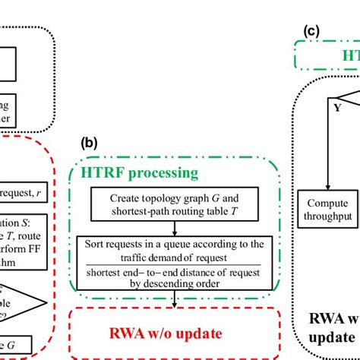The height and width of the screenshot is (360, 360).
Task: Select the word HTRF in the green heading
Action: [100, 174]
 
